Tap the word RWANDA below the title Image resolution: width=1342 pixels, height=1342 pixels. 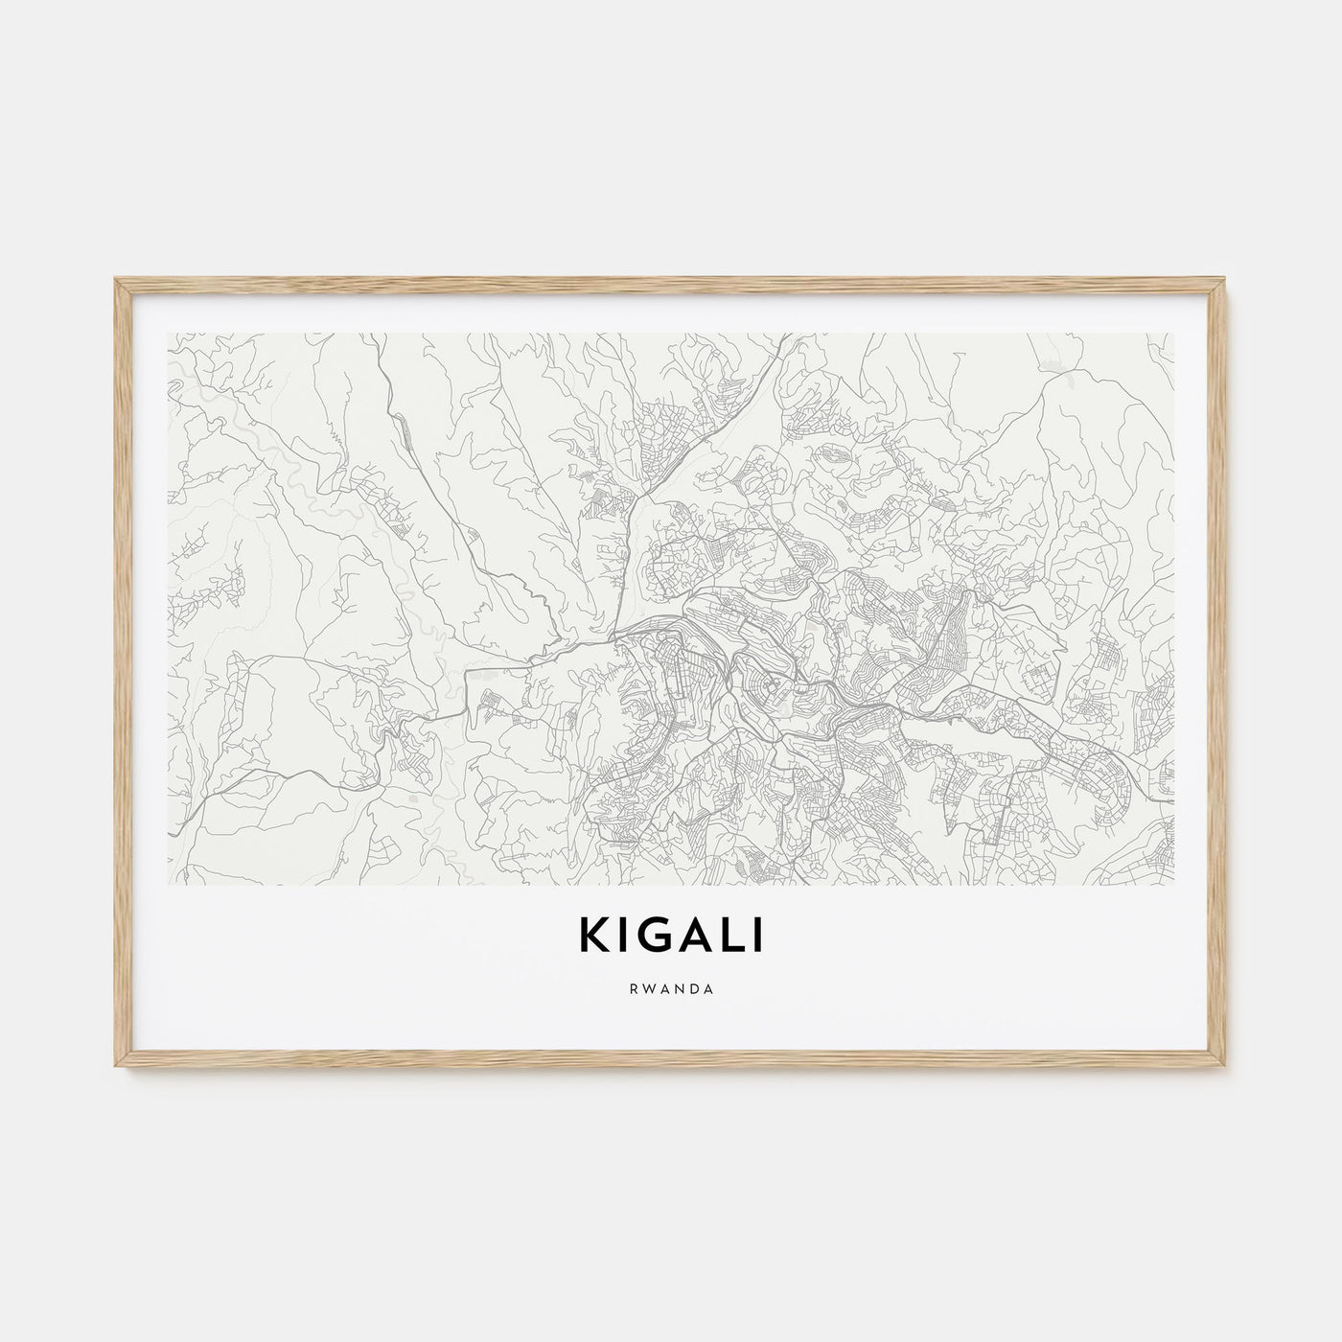tap(671, 989)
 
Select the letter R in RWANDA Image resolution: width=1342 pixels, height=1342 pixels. tap(634, 989)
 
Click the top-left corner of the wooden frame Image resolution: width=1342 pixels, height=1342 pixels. tap(116, 279)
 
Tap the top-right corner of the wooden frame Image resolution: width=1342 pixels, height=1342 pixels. tap(1226, 279)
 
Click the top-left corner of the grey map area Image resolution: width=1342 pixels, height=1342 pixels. tap(168, 334)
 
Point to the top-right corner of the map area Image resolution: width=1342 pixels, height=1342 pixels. tap(1173, 334)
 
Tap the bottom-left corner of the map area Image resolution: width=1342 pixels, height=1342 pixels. tap(168, 882)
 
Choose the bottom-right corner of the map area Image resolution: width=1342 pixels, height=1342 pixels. tap(1173, 882)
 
